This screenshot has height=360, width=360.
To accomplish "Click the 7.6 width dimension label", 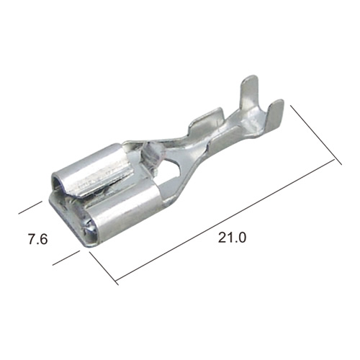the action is click(38, 239).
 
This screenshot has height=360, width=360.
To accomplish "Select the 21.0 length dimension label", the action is click(232, 238).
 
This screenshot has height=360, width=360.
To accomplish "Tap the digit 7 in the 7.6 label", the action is click(32, 239).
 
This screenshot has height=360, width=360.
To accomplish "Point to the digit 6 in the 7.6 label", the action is click(44, 239).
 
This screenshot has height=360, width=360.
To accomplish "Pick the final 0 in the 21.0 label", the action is click(243, 238).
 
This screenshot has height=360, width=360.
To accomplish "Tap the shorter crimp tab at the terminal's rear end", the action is click(276, 114).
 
